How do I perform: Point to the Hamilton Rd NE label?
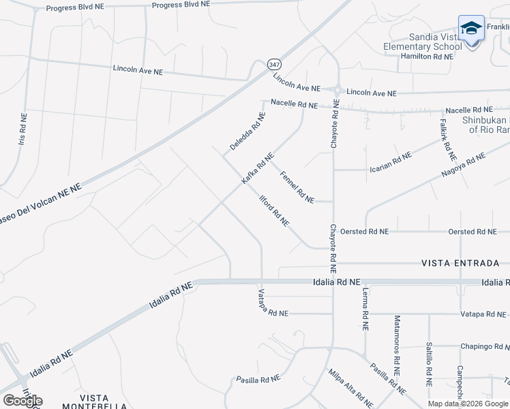click(426, 57)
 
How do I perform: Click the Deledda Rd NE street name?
click(247, 132)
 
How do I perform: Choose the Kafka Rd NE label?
click(258, 168)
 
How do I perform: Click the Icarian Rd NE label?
click(390, 162)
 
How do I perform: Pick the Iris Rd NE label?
click(23, 132)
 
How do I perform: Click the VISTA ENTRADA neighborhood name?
click(460, 263)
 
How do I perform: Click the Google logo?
click(22, 401)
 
